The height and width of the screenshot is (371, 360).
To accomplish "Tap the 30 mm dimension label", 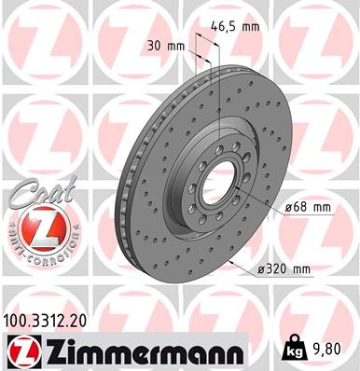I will click(161, 44).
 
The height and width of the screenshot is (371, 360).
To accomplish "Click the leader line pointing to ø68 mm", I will click(256, 200).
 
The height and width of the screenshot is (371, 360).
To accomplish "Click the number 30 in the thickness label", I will click(153, 44).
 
